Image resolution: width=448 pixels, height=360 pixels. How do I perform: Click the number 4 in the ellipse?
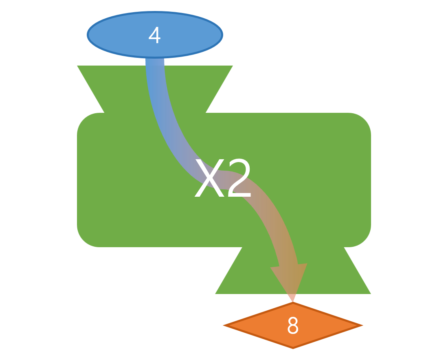[x=154, y=36]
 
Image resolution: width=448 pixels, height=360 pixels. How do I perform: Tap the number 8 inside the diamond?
[x=293, y=326]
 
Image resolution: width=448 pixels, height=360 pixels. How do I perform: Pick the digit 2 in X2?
[x=239, y=179]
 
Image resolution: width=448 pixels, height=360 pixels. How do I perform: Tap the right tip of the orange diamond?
[x=360, y=325]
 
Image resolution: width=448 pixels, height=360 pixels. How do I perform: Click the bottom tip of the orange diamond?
[x=293, y=347]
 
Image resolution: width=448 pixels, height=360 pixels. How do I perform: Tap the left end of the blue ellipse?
[x=89, y=35]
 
